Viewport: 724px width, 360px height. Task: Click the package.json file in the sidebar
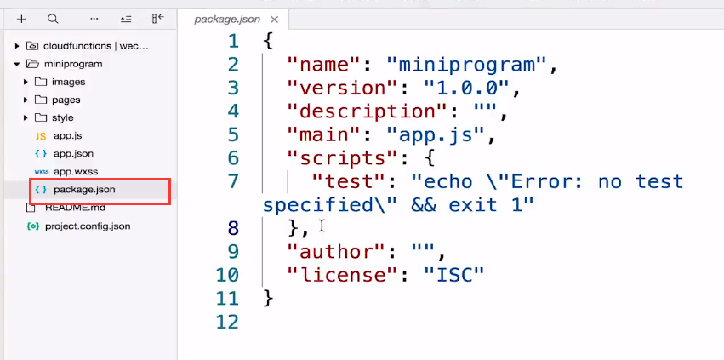coord(83,189)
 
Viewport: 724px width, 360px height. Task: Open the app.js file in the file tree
coord(67,135)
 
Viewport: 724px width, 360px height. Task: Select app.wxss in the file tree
coord(75,171)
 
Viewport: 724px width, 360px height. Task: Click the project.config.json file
coord(87,226)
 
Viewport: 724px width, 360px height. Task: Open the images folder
coord(68,82)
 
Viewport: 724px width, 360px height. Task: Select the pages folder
coord(66,100)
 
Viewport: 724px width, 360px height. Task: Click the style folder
coord(62,117)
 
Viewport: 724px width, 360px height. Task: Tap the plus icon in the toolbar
coord(22,18)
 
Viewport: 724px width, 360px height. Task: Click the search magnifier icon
coord(53,18)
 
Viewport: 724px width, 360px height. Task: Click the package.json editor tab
coord(227,18)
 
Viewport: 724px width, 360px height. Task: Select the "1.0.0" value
coord(466,88)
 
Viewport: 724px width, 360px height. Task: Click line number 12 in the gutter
coord(228,322)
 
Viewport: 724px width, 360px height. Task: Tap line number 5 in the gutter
coord(234,134)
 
